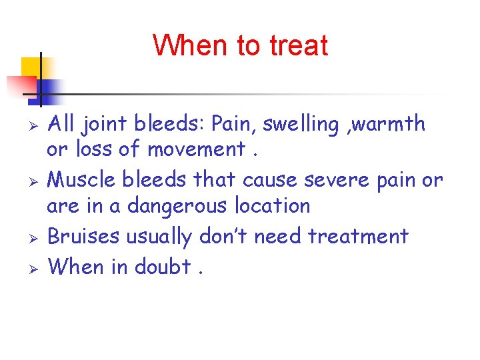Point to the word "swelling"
(299, 125)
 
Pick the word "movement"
(197, 150)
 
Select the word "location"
(272, 206)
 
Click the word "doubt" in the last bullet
(163, 267)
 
